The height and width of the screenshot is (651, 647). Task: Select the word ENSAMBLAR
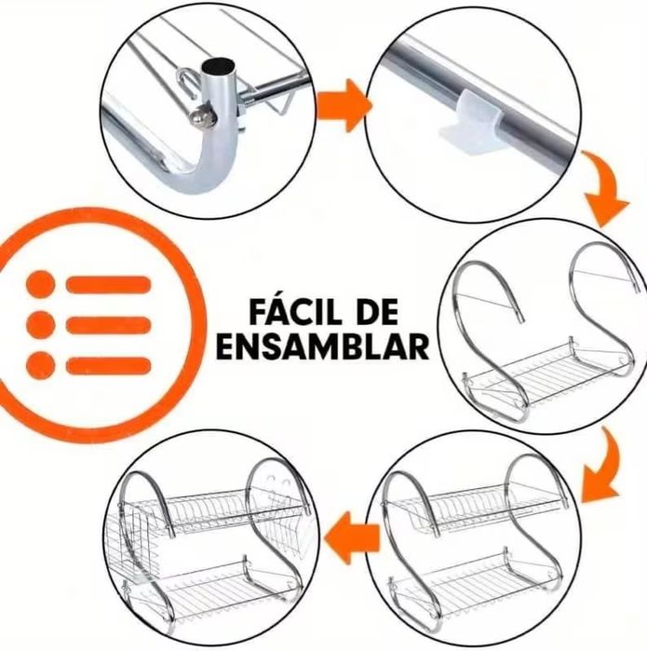pyautogui.click(x=322, y=346)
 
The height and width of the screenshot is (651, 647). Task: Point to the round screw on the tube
pyautogui.click(x=203, y=116)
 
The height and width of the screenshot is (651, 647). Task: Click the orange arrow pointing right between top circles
pyautogui.click(x=344, y=105)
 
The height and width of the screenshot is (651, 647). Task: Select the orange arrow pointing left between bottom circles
pyautogui.click(x=352, y=538)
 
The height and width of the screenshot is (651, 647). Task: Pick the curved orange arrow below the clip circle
pyautogui.click(x=603, y=189)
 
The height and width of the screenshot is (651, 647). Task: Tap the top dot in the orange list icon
pyautogui.click(x=41, y=284)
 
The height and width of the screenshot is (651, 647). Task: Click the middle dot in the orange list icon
pyautogui.click(x=41, y=325)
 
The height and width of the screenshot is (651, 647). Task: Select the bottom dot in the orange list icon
pyautogui.click(x=41, y=365)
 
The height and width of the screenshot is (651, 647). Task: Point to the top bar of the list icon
pyautogui.click(x=108, y=284)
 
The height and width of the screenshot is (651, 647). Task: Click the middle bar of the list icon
pyautogui.click(x=108, y=325)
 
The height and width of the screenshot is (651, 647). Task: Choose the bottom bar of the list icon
pyautogui.click(x=108, y=365)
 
